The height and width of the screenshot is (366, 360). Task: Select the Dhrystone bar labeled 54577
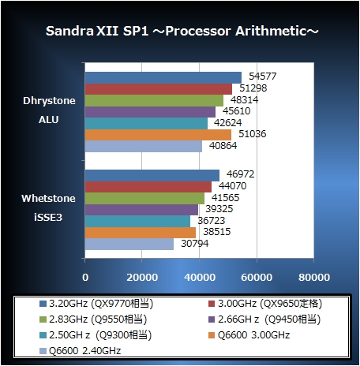[x=163, y=77]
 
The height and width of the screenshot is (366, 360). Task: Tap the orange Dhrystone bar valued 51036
[x=158, y=135]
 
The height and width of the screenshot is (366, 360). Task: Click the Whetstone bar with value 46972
[x=152, y=175]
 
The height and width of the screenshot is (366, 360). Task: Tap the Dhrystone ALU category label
[x=48, y=110]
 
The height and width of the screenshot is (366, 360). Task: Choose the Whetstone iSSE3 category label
[x=48, y=208]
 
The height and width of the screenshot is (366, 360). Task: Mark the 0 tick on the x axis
[x=85, y=278]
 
